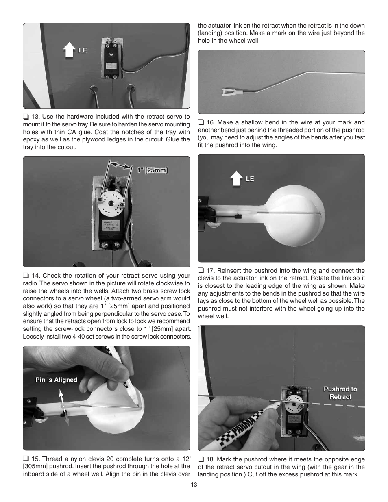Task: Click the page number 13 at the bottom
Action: [x=194, y=485]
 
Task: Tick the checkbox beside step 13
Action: [x=26, y=117]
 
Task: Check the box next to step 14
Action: [x=26, y=276]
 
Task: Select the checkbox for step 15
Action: [x=26, y=459]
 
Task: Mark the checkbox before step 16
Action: [x=201, y=122]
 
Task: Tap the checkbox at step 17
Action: [x=201, y=271]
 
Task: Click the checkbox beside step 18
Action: [x=201, y=460]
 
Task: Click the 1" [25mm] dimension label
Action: [x=152, y=170]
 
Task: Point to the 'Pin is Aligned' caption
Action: [x=56, y=380]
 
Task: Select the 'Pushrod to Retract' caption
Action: [x=340, y=393]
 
